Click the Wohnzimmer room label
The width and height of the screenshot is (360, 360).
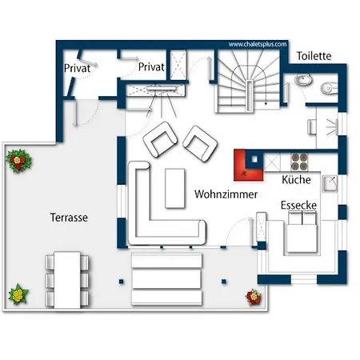pyautogui.click(x=226, y=194)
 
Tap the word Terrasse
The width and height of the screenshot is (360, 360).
pyautogui.click(x=69, y=218)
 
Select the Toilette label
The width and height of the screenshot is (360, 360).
pyautogui.click(x=314, y=56)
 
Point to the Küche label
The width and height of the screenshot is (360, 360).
pyautogui.click(x=296, y=180)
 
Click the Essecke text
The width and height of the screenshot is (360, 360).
pyautogui.click(x=298, y=205)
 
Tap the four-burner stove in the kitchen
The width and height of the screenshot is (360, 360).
pyautogui.click(x=299, y=162)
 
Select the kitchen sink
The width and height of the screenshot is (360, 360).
pyautogui.click(x=330, y=183)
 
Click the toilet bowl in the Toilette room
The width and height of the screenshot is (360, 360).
pyautogui.click(x=329, y=88)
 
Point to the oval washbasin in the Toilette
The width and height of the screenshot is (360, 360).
pyautogui.click(x=303, y=80)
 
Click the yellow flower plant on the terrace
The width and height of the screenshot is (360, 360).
pyautogui.click(x=18, y=294)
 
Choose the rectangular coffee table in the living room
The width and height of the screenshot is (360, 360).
pyautogui.click(x=175, y=188)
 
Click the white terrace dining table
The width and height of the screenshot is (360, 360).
pyautogui.click(x=67, y=280)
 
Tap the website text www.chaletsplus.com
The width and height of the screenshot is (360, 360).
pyautogui.click(x=258, y=44)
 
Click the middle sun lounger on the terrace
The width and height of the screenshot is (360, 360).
pyautogui.click(x=166, y=279)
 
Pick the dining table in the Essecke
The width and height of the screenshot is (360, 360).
pyautogui.click(x=302, y=238)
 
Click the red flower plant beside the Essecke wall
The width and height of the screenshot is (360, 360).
pyautogui.click(x=254, y=297)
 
